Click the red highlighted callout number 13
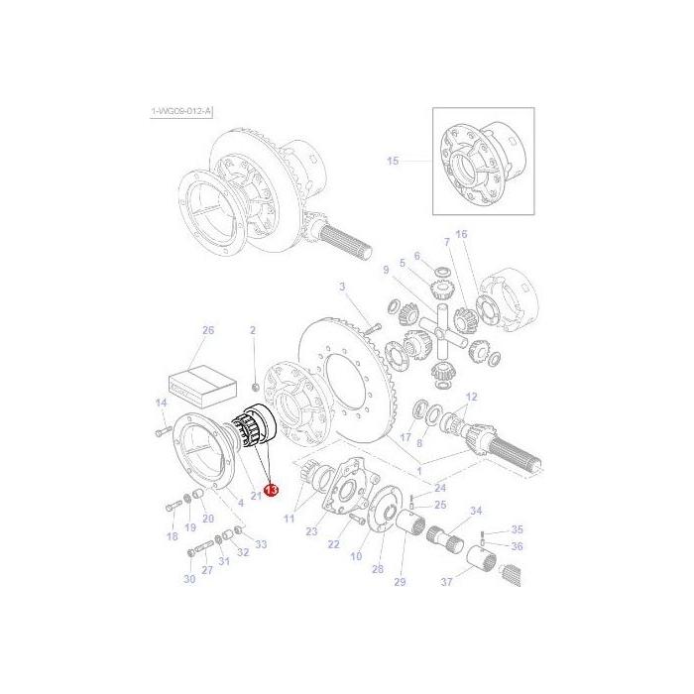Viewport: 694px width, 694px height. click(271, 490)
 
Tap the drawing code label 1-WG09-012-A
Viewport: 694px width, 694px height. click(181, 112)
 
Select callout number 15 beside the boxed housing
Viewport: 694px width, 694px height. click(393, 162)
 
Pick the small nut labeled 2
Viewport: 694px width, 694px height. click(254, 385)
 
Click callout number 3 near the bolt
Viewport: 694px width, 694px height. click(342, 288)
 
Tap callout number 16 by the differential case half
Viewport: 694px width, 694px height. click(461, 234)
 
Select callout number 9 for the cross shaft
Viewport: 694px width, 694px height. click(386, 269)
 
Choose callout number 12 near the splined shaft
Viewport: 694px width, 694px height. click(471, 397)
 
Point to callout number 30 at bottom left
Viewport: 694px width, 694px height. click(189, 580)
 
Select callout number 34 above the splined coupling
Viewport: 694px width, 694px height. click(476, 512)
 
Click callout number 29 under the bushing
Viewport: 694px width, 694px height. click(402, 581)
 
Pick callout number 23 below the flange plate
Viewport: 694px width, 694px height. click(311, 532)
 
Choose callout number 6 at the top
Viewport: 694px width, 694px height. click(416, 255)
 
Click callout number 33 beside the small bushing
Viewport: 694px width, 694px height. click(261, 544)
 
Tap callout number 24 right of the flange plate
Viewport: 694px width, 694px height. click(440, 487)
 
